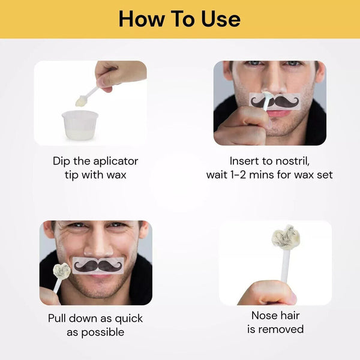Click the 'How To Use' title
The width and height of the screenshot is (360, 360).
(179, 19)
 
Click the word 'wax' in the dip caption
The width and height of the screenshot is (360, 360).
(117, 175)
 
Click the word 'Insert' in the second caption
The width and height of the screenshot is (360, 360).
(244, 161)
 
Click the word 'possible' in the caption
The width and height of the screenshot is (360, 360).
(103, 331)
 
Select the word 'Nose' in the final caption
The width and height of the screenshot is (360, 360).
(262, 316)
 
